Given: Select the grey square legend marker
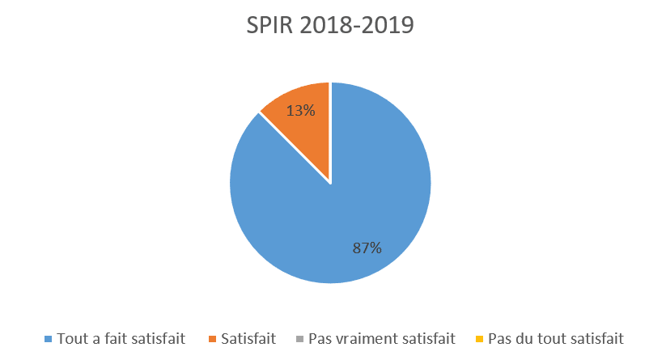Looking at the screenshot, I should click(299, 338).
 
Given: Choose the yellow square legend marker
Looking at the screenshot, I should click(480, 338).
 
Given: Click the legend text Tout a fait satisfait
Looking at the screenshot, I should click(121, 338).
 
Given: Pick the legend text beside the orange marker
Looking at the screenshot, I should click(250, 338).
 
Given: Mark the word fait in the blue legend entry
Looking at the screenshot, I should click(115, 338).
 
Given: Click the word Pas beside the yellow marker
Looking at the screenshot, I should click(502, 338).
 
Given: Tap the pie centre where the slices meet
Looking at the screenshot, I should click(330, 183).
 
